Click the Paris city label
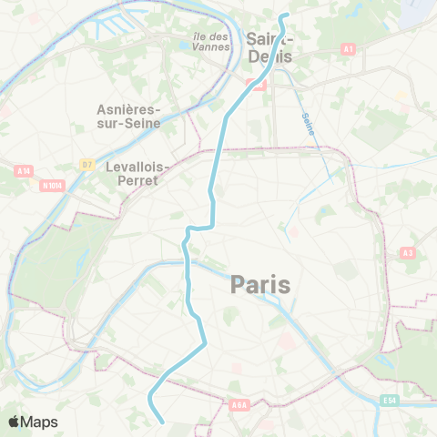(x=260, y=285)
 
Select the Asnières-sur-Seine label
(x=128, y=116)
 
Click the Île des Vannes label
(x=210, y=42)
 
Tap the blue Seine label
(x=309, y=124)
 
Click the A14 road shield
(x=23, y=170)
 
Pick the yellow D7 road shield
(x=86, y=164)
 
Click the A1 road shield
(x=349, y=47)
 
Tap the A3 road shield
(x=407, y=252)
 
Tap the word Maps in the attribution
(x=40, y=422)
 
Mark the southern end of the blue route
(x=162, y=422)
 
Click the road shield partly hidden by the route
(x=258, y=86)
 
